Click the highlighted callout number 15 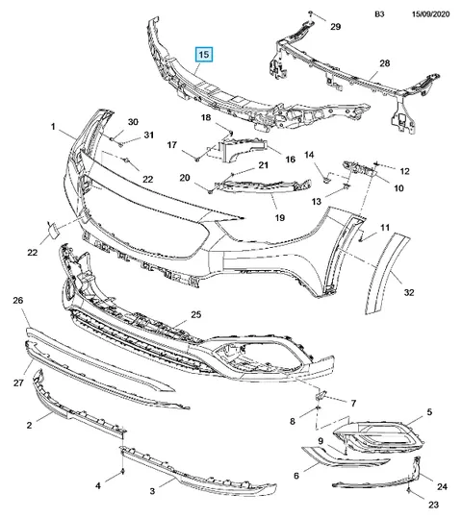(204, 54)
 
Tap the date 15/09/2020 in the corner (430, 14)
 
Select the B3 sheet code (379, 14)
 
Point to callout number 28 (385, 62)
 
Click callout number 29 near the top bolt (336, 27)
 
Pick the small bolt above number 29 (311, 12)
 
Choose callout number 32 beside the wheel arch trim (409, 292)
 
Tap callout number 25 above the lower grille (196, 314)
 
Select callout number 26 (18, 300)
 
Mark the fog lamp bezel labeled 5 (377, 436)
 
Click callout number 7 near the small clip (353, 404)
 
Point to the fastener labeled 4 (123, 471)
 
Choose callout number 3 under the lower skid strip (152, 491)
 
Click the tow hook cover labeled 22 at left (53, 230)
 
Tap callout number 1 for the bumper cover (53, 127)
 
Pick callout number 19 (280, 218)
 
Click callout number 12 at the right (404, 171)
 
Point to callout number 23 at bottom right (433, 505)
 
